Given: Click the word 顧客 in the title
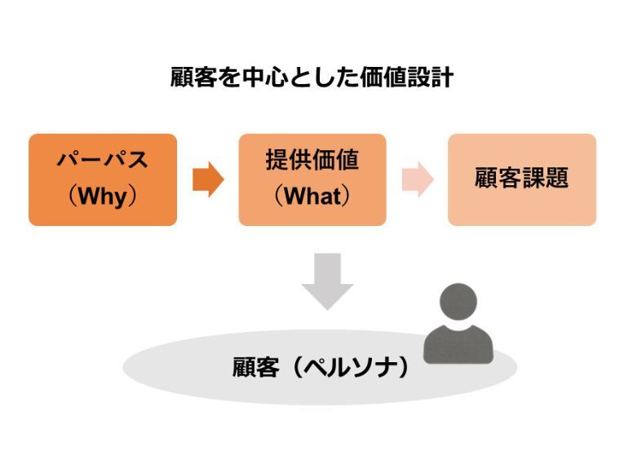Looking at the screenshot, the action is (194, 77).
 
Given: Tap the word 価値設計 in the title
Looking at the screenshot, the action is (406, 77).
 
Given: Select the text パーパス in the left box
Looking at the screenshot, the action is (103, 160).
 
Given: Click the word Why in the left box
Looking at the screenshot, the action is (103, 196).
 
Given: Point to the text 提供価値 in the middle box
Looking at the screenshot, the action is (312, 160).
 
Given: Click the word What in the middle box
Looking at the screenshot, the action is (312, 196).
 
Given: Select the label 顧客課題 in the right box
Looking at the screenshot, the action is (522, 178).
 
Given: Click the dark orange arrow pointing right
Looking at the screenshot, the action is (208, 179).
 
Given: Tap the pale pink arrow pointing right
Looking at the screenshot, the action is (418, 179).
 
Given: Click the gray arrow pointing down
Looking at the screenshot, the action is (327, 281).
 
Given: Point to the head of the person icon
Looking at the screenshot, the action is (458, 301).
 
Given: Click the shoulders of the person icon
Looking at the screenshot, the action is (458, 345).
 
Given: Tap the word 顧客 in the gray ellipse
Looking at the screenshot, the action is (256, 368).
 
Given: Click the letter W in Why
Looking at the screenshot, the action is (88, 195).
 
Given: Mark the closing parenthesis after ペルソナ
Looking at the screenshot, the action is (404, 368).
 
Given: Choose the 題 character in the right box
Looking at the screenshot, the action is (557, 178).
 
